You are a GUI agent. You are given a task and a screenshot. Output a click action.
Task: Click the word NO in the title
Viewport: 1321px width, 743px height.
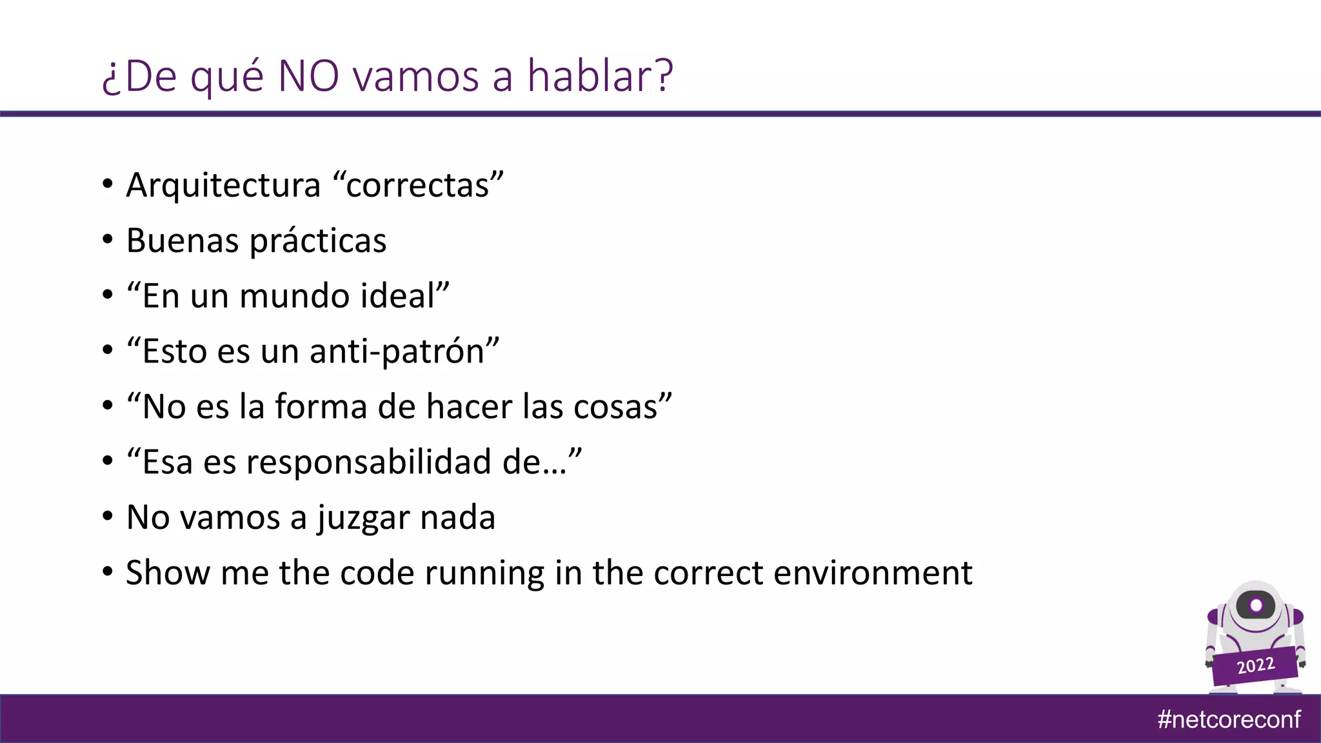pyautogui.click(x=308, y=76)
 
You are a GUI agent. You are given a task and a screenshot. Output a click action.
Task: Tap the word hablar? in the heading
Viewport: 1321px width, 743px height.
pyautogui.click(x=601, y=76)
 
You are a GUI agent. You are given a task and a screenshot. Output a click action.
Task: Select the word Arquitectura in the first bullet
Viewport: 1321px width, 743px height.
pyautogui.click(x=223, y=186)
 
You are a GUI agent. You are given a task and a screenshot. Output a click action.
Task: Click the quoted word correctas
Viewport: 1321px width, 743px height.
pyautogui.click(x=418, y=186)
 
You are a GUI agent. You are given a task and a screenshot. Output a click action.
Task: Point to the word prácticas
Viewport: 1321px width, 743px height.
pyautogui.click(x=318, y=241)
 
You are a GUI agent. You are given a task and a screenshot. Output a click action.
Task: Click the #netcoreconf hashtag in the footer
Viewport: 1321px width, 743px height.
pyautogui.click(x=1229, y=719)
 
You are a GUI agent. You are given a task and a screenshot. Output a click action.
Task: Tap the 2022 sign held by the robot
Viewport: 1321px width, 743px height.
pyautogui.click(x=1255, y=666)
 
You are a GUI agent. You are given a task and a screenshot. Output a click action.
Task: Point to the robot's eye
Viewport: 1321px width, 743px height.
pyautogui.click(x=1256, y=606)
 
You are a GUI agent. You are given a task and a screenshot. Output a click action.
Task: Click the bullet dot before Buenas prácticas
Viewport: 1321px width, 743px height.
pyautogui.click(x=108, y=240)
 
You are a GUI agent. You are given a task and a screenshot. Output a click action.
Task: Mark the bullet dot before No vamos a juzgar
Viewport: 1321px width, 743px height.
pyautogui.click(x=108, y=517)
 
